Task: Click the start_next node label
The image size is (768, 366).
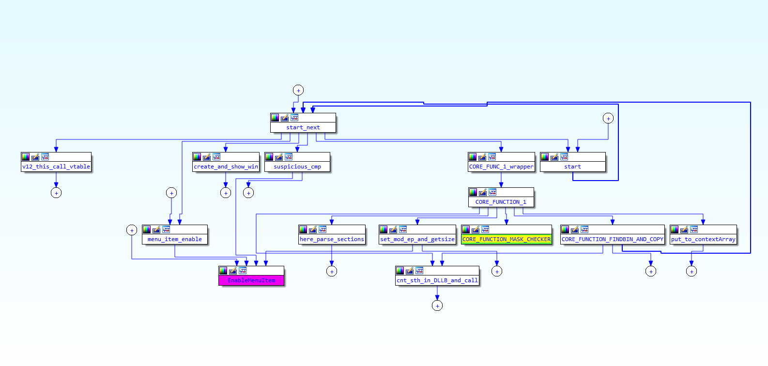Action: coord(303,127)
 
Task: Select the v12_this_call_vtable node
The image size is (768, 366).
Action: coord(56,167)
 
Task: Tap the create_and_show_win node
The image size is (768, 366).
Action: coord(226,167)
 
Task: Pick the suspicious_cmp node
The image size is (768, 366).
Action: coord(297,167)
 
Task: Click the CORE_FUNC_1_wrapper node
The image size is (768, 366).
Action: coord(501,167)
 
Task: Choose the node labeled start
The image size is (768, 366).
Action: coord(572,167)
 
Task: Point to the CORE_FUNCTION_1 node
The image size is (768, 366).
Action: coord(501,202)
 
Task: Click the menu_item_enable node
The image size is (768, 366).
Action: coord(175,239)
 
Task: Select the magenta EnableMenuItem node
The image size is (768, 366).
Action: coord(251,280)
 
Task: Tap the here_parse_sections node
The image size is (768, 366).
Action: coord(332,239)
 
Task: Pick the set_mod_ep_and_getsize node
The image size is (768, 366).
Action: coord(417,239)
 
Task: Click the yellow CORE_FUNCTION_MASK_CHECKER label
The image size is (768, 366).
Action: coord(507,239)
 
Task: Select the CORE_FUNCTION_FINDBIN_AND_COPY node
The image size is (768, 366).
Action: coord(613,239)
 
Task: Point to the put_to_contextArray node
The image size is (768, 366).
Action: coord(703,239)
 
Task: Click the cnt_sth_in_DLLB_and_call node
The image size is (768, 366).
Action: coord(437,280)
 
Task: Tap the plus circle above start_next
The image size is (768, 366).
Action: coord(298,90)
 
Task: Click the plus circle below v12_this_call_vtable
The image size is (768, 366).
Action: coord(56,193)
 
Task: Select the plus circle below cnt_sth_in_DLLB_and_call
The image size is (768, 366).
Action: coord(437,305)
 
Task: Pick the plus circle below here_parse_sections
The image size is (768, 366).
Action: coord(332,271)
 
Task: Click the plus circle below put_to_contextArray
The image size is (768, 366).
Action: coord(691,271)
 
